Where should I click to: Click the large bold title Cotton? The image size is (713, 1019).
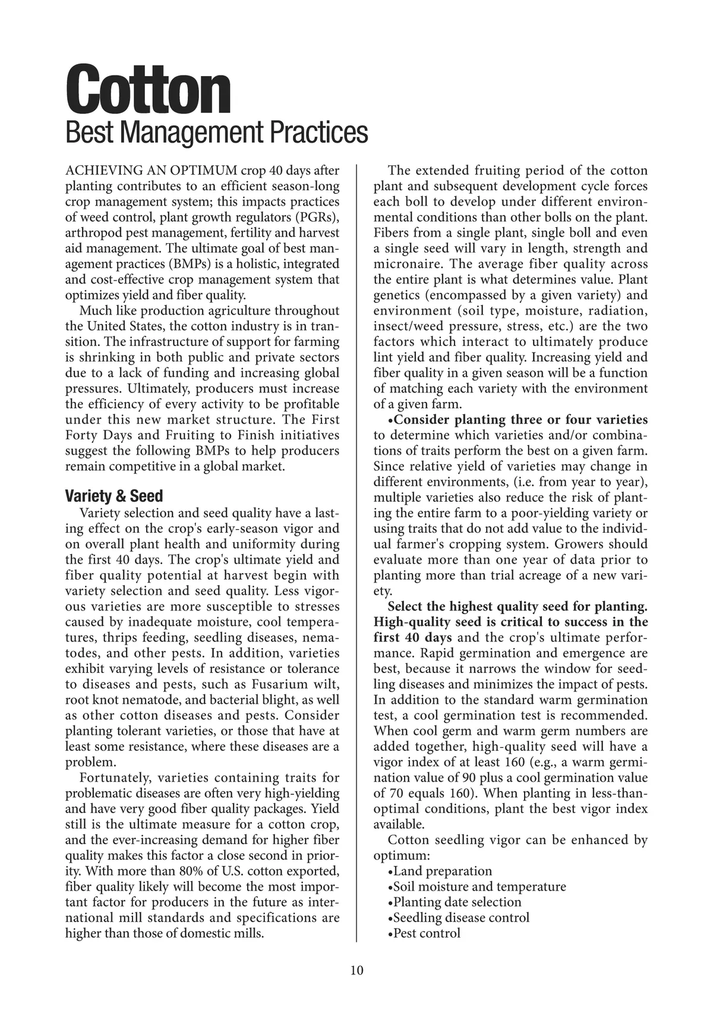pos(147,90)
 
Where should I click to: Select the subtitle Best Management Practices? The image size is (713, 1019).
pos(216,133)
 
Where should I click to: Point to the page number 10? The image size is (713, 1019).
pos(356,970)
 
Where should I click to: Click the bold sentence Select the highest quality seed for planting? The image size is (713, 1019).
pos(517,606)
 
